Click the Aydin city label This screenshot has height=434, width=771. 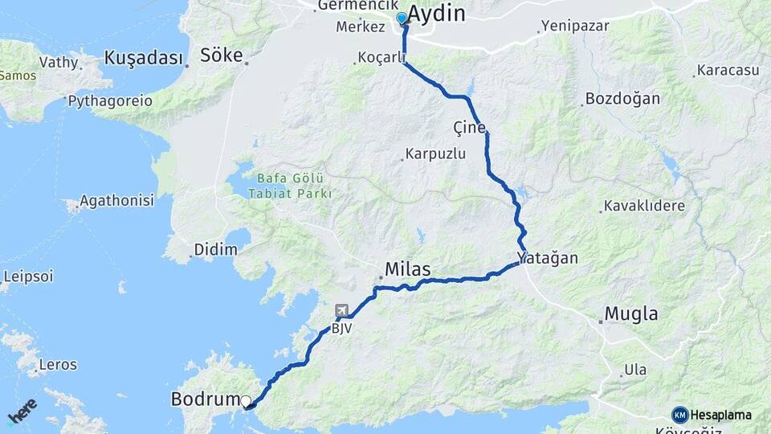pos(437,14)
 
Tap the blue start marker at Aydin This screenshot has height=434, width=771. pos(402,18)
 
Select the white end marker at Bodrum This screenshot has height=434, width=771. pos(246,400)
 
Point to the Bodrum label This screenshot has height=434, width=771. pos(206,399)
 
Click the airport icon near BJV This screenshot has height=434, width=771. pos(342,310)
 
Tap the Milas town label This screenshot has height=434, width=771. pos(408,269)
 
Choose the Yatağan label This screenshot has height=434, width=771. pos(548,259)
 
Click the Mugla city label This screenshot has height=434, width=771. pos(631,313)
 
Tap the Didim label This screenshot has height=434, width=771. pos(216,250)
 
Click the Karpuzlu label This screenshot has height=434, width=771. pos(436,154)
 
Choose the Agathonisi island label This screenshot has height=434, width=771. pos(119,201)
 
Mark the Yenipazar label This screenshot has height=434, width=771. pos(575,26)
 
